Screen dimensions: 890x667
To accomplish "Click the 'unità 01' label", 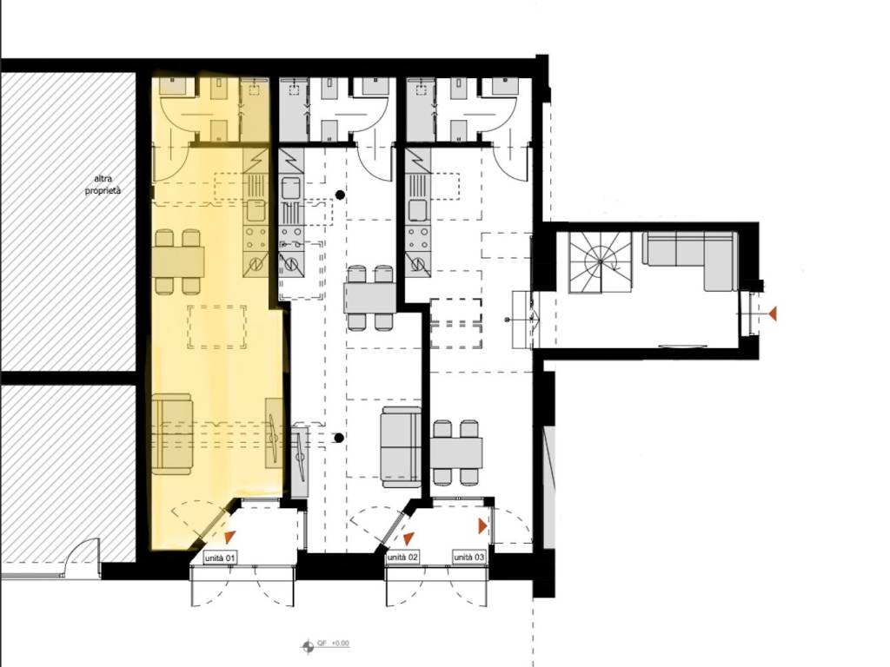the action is coord(220,558).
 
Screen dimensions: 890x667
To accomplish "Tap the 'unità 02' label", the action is coord(402,558).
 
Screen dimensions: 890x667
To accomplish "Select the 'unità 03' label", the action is coord(469,558).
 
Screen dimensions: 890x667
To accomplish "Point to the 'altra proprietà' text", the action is coord(103,185).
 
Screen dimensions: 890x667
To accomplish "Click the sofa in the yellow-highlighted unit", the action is coord(173,436).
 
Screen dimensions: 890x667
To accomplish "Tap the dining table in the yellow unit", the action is coord(178,261).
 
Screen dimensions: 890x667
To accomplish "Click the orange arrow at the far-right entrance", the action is coord(772,313).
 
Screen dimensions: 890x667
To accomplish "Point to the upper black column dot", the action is coord(340,195).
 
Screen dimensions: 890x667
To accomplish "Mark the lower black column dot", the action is coord(339,438).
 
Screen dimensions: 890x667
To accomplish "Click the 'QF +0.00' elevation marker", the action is coord(325,644).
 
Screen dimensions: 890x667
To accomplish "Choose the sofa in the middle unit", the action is coord(402,447).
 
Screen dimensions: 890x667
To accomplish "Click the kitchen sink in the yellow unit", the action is coord(256,211).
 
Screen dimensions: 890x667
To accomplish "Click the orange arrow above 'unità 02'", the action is coord(408,538).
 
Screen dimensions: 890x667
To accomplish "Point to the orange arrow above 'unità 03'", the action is coord(482,526).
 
